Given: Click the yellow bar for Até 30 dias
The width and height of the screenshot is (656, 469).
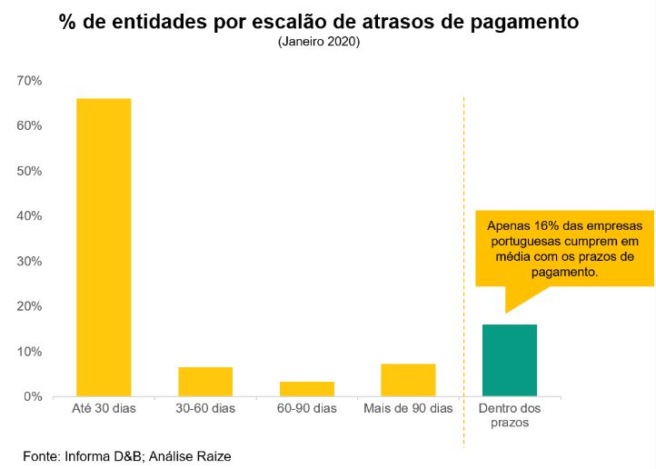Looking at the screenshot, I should [x=104, y=246].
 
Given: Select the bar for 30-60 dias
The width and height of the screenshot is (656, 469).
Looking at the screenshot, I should [x=205, y=382].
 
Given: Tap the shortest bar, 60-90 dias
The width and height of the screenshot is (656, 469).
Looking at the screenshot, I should [x=307, y=389].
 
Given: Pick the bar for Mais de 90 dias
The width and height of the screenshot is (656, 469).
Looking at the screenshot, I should [x=408, y=380].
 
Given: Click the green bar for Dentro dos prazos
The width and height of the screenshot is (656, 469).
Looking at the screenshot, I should [x=510, y=360].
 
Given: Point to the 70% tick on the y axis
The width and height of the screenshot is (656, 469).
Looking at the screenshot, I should [x=29, y=81].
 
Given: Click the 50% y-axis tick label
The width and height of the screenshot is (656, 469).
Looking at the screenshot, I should [x=29, y=171].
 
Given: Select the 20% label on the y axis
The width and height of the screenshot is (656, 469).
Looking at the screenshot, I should [x=29, y=306].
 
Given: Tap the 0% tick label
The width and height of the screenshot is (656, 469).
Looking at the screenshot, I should [x=33, y=396].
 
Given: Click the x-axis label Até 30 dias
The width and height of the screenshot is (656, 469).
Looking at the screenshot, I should [x=104, y=409].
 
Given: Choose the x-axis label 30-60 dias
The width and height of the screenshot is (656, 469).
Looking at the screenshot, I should [x=205, y=409].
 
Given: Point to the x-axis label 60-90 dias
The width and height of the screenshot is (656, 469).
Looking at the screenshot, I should [x=307, y=409].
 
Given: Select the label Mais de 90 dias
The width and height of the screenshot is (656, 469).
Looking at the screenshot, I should [x=408, y=409].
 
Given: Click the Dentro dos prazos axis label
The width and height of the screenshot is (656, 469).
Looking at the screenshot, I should [x=510, y=415].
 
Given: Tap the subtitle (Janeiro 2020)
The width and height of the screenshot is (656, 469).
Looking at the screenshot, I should [x=319, y=42].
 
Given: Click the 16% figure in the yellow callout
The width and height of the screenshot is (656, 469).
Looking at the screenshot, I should [x=542, y=225].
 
